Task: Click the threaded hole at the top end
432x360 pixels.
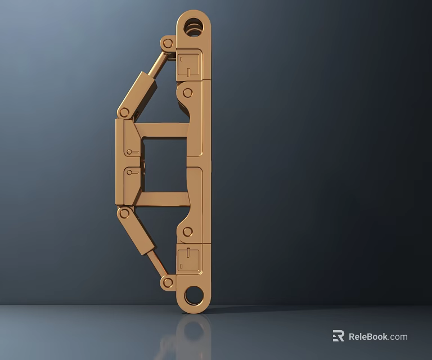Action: [193, 26]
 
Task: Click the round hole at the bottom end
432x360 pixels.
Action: [193, 294]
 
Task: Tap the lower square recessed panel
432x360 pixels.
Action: [188, 260]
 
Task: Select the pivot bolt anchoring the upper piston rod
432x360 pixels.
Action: [168, 43]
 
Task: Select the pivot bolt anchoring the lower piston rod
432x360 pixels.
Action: [168, 282]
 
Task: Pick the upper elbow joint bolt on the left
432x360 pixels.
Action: [124, 112]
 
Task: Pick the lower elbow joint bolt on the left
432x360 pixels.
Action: [124, 213]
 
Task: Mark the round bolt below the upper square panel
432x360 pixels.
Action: [188, 93]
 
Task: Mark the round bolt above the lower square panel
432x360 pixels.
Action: [188, 231]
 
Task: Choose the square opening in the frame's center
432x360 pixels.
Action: [164, 164]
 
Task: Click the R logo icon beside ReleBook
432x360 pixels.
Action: [338, 336]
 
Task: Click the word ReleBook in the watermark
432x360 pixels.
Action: [368, 337]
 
